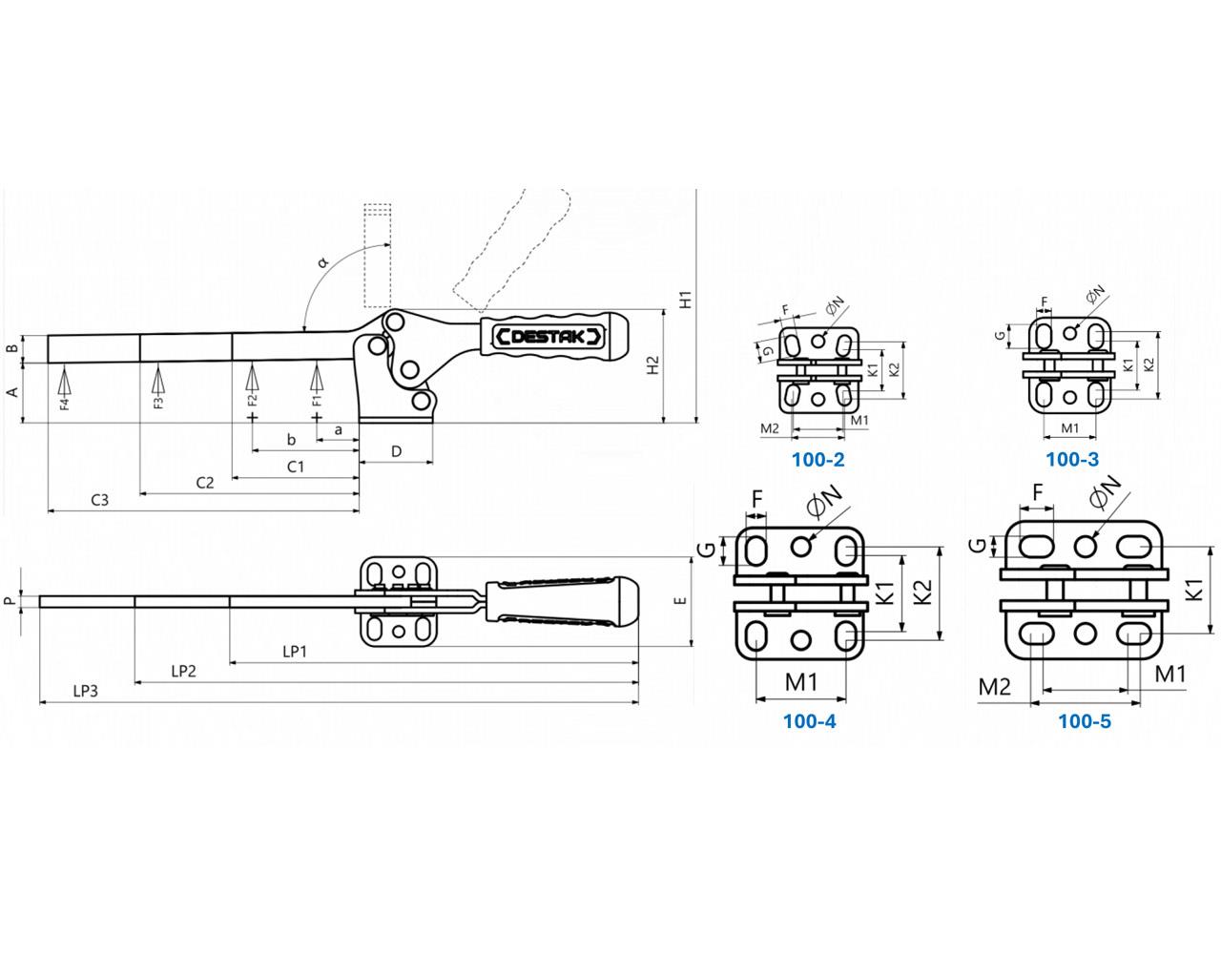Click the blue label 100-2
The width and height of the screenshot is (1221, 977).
click(x=817, y=460)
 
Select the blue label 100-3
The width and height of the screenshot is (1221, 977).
click(x=1072, y=460)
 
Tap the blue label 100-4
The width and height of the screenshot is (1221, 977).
click(x=809, y=721)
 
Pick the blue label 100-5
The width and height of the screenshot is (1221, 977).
click(x=1085, y=721)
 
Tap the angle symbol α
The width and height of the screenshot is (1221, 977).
click(x=322, y=260)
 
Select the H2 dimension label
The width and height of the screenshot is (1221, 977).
click(x=652, y=364)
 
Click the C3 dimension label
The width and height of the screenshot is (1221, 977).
click(x=100, y=500)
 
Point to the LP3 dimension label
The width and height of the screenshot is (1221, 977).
click(x=86, y=692)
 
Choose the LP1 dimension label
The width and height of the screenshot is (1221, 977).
click(x=295, y=651)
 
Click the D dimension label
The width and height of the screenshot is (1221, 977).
click(x=397, y=450)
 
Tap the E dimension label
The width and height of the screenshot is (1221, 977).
click(x=679, y=601)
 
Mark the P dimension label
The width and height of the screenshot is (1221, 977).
click(x=10, y=601)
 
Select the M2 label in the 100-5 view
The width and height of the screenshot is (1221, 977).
click(x=995, y=686)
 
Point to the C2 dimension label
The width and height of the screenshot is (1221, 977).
click(x=205, y=483)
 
